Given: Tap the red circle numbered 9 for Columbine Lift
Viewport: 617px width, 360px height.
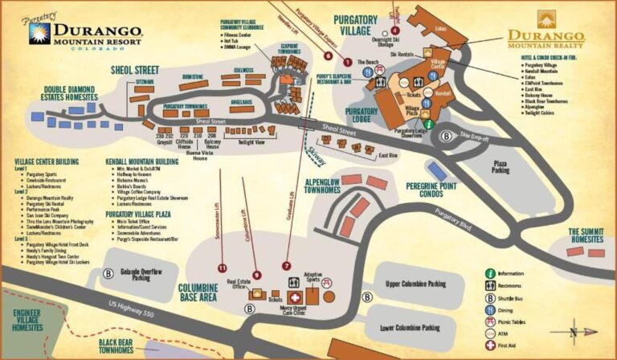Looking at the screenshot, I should [x=256, y=276].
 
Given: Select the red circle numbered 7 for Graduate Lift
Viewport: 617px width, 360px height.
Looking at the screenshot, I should [x=286, y=265].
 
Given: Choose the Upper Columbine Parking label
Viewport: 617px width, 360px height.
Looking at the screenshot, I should [x=415, y=284].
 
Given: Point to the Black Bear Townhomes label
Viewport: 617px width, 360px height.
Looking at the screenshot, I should [x=116, y=346].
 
